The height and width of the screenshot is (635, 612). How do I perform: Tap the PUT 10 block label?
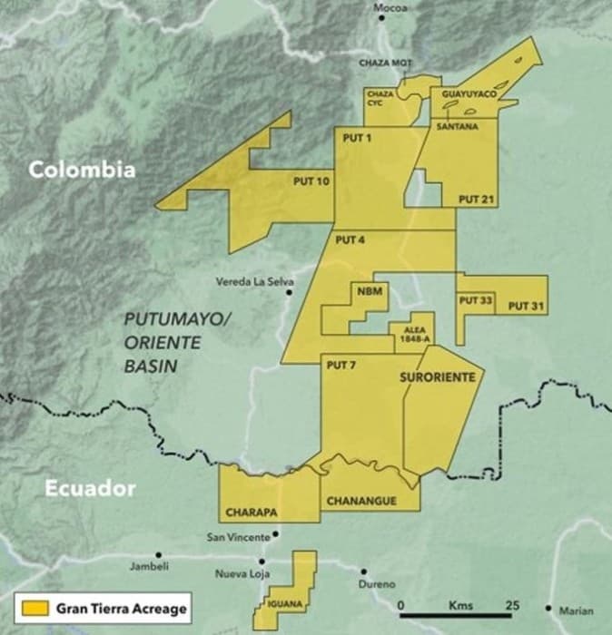tap(311, 181)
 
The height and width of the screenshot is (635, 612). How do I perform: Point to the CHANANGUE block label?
tap(360, 500)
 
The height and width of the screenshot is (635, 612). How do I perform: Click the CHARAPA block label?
tap(252, 512)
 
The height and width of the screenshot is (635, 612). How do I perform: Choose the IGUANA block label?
tap(283, 603)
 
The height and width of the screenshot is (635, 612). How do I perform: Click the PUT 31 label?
tap(526, 307)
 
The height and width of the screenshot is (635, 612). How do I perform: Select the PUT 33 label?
tap(476, 299)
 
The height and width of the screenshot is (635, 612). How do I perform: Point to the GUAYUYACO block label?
tap(469, 94)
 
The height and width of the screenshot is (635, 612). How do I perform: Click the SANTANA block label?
tap(457, 126)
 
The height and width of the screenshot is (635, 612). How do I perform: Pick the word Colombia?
tap(81, 170)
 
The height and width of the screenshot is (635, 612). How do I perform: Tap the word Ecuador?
tap(90, 489)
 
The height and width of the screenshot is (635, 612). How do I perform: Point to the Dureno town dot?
tap(363, 572)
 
